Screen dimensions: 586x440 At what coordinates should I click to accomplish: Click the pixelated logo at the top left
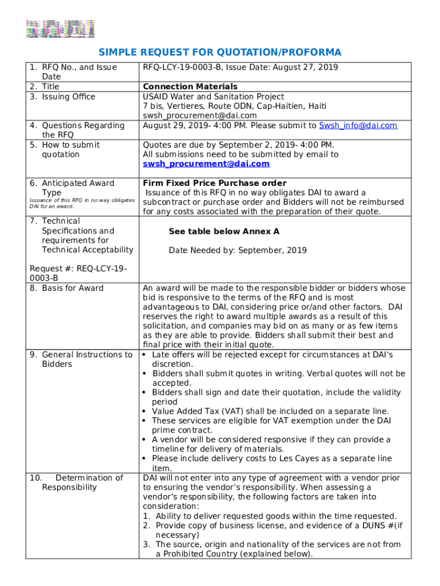(60, 29)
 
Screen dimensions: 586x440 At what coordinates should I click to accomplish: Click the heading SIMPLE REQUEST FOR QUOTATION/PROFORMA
(220, 53)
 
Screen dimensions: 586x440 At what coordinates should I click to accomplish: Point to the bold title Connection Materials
(190, 86)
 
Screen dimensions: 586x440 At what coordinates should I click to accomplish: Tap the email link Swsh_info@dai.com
(357, 125)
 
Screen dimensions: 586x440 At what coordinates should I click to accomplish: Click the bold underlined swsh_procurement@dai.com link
(206, 164)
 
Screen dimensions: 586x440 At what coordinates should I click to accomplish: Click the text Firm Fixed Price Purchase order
(214, 183)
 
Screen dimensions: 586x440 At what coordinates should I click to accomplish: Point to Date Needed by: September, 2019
(237, 250)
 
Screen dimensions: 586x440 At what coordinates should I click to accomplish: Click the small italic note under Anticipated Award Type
(82, 203)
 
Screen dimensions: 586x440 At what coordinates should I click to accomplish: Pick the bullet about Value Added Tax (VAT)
(270, 411)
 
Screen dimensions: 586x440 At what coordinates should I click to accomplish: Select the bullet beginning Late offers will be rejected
(272, 359)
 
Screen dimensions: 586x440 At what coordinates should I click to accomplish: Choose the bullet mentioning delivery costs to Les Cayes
(271, 463)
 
